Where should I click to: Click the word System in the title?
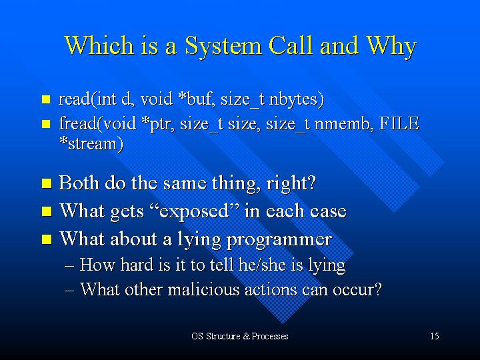[223, 46]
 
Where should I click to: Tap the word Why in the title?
[391, 46]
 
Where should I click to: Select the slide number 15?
[435, 336]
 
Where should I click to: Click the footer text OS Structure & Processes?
[240, 336]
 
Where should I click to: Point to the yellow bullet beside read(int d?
[46, 99]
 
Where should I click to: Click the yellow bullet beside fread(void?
[46, 124]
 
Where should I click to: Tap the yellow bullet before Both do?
[47, 183]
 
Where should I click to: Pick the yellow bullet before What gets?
[47, 211]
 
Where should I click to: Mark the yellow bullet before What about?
[47, 239]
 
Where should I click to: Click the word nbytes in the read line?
[296, 99]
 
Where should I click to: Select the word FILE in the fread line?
[399, 123]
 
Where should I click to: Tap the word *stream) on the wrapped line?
[91, 143]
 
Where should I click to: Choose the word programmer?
[279, 239]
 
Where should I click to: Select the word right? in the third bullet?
[291, 183]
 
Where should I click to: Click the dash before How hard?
[69, 265]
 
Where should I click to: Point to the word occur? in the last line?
[357, 289]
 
